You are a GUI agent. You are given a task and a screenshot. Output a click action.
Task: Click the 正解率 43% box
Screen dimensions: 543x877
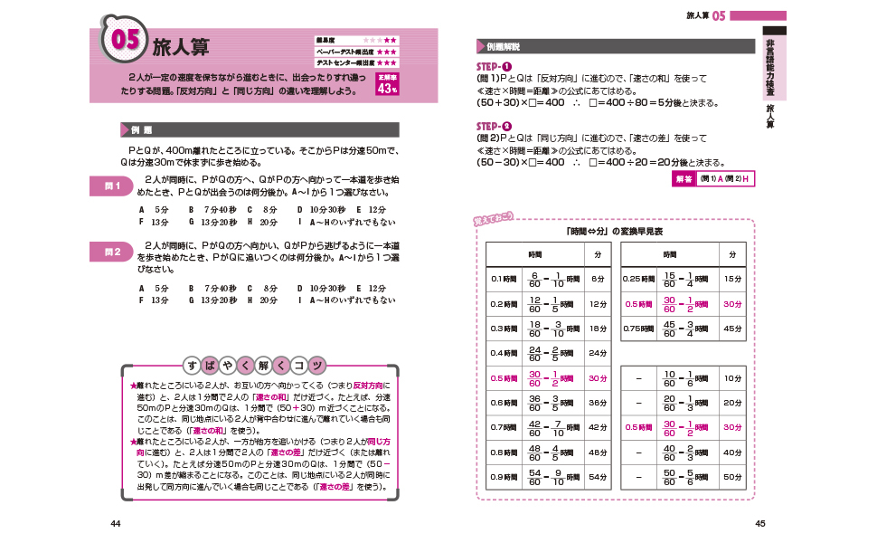point(387,87)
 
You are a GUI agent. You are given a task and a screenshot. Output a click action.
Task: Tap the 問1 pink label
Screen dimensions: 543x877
point(113,186)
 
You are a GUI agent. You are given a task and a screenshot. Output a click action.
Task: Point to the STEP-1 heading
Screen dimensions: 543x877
point(495,68)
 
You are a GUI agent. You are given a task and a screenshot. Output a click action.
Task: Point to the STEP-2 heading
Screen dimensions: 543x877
point(495,126)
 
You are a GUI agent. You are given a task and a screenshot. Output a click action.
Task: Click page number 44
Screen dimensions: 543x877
point(115,523)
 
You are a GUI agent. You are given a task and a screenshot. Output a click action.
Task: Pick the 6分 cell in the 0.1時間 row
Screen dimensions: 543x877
point(597,279)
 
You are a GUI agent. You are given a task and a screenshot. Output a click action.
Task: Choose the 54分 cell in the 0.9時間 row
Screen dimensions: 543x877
point(597,476)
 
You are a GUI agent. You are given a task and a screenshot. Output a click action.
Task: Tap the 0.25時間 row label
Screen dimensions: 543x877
point(640,279)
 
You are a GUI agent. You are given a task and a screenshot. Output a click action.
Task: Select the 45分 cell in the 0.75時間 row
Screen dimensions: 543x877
point(733,328)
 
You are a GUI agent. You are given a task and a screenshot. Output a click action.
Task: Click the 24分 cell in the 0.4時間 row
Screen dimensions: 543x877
point(597,353)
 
